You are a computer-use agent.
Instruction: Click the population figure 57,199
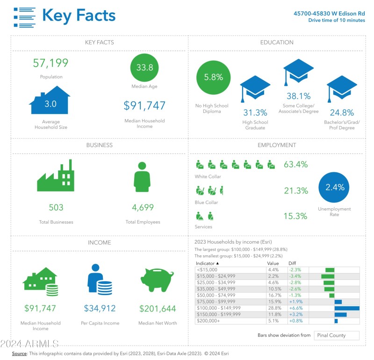click(50, 63)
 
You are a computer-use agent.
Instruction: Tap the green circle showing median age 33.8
click(144, 68)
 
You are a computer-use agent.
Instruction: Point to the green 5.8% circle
click(213, 78)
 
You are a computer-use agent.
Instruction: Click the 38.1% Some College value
click(298, 96)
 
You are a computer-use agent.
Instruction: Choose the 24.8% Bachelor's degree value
click(342, 113)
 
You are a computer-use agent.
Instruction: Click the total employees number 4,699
click(143, 207)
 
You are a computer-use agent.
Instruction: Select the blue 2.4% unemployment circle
click(335, 187)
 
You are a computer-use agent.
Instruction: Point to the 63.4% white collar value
click(295, 164)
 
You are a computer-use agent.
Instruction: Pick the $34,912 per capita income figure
click(100, 308)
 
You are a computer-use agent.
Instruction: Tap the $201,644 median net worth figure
click(158, 308)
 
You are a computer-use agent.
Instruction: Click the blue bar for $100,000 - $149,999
click(347, 308)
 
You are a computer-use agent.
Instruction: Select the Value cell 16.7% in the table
click(273, 296)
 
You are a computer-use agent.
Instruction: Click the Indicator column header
click(208, 263)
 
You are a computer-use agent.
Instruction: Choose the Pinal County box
click(337, 335)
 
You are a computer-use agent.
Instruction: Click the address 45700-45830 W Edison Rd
click(329, 14)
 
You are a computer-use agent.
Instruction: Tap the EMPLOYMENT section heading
click(277, 145)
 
